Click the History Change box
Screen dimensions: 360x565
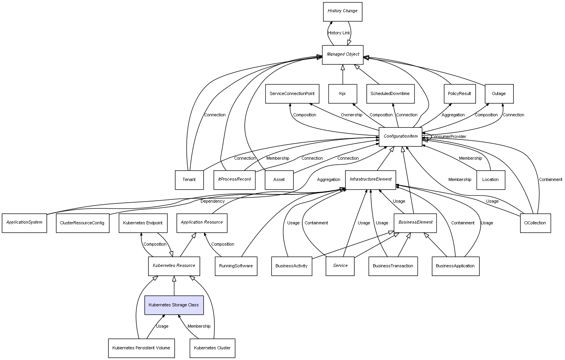342,11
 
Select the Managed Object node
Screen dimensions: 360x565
342,54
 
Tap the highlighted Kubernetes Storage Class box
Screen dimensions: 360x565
174,305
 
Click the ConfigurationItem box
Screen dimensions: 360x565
400,136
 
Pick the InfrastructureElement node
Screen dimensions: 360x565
370,179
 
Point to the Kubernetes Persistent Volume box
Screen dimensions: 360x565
141,348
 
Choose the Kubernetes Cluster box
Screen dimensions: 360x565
212,348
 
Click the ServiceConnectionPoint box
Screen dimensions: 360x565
292,94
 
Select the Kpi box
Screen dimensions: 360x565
342,94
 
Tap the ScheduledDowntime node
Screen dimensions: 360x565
390,94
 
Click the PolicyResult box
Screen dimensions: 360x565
459,94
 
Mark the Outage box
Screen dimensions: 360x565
499,94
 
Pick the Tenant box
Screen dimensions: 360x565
189,180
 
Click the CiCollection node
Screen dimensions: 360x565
535,223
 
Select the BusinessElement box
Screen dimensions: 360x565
415,222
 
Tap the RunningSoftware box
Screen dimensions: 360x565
236,266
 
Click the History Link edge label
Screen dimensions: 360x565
339,33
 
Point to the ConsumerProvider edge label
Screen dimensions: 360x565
448,137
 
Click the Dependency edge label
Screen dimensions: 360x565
212,201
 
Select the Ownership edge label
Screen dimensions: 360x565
351,115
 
